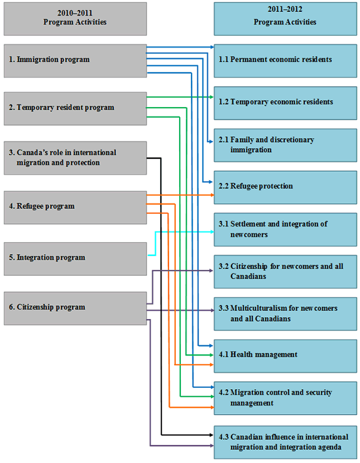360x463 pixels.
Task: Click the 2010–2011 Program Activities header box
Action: [x=75, y=18]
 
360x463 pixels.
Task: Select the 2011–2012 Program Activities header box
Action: [x=285, y=18]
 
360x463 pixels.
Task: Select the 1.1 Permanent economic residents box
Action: [x=285, y=59]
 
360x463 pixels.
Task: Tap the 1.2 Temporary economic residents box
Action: [x=285, y=102]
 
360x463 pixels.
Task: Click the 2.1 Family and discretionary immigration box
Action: [x=285, y=145]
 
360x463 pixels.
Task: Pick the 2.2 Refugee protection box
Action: [x=285, y=186]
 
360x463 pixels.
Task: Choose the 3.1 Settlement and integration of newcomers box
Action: [x=285, y=229]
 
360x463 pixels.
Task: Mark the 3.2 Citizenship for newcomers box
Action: [x=285, y=271]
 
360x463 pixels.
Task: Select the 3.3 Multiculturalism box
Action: [x=285, y=313]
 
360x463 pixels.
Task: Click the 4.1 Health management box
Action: [x=285, y=355]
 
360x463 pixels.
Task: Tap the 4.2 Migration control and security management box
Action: [x=285, y=398]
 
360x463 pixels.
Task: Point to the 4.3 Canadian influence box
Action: [x=285, y=441]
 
